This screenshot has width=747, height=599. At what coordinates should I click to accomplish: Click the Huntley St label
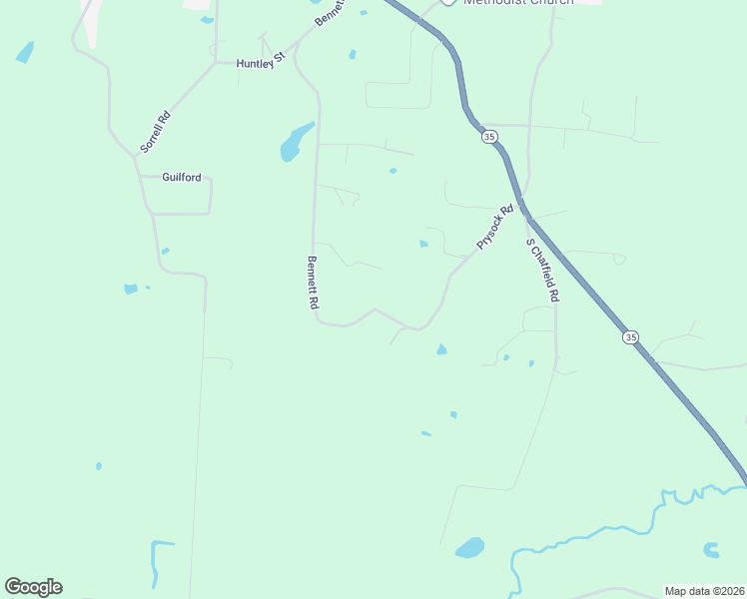click(x=261, y=64)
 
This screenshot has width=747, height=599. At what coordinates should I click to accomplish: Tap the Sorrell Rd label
click(x=155, y=131)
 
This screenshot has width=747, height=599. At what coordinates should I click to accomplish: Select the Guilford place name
click(x=182, y=178)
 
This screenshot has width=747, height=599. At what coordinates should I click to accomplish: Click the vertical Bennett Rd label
click(x=312, y=282)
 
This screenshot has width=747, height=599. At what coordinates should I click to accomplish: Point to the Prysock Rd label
click(x=494, y=227)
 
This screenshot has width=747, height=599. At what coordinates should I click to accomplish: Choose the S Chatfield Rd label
click(x=543, y=271)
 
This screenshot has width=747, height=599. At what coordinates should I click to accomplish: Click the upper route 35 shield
click(x=488, y=136)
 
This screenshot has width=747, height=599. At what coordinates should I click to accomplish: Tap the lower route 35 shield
click(x=630, y=337)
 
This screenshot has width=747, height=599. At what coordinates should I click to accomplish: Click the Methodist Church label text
click(x=518, y=3)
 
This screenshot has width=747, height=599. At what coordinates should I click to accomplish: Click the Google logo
click(x=33, y=587)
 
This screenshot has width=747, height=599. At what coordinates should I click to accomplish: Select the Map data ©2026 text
click(x=704, y=591)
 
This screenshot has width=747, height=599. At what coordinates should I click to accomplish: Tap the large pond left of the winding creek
click(x=469, y=547)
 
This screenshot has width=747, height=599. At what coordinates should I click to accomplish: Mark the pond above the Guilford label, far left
click(x=25, y=52)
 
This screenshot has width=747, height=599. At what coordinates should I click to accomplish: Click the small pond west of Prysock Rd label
click(x=423, y=243)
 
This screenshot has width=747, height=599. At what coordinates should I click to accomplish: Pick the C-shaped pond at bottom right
click(x=711, y=549)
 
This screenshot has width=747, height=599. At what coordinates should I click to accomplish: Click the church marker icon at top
click(x=448, y=2)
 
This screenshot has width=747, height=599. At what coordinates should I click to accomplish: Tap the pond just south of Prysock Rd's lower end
click(x=440, y=348)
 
